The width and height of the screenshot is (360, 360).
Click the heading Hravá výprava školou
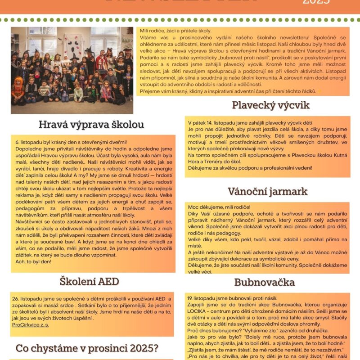point(91,124)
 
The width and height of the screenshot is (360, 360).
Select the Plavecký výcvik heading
point(271,105)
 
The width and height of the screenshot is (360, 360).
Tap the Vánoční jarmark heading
point(267,191)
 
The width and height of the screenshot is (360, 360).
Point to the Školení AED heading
point(89,281)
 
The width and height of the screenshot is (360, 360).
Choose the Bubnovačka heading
point(265,282)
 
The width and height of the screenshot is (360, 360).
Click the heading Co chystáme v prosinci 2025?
point(87,348)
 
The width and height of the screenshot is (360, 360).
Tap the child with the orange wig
point(18,83)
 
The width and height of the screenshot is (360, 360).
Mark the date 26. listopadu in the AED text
point(28,299)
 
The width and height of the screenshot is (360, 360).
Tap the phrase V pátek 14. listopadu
point(210,123)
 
